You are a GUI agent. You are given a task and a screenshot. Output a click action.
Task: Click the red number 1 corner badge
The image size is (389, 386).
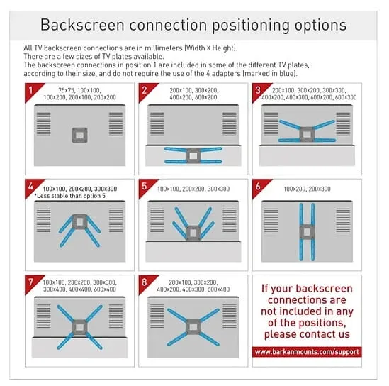coord(31,90)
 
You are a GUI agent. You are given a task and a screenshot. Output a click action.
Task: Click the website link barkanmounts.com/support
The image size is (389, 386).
coord(307,352)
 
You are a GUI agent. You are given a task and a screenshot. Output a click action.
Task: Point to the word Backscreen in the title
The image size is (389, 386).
coord(82,25)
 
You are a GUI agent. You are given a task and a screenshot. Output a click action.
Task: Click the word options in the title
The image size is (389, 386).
coord(320,26)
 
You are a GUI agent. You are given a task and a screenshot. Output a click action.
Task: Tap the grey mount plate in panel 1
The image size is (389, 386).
coord(79,135)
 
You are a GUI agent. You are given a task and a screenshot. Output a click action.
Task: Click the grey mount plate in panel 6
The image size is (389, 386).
coord(307,232)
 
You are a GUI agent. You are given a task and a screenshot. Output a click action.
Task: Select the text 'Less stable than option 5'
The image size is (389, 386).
coord(70,196)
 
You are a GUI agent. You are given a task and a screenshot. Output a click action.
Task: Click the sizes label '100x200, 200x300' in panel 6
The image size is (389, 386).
coord(307,189)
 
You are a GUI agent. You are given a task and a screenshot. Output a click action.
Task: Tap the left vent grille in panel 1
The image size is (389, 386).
coord(44,124)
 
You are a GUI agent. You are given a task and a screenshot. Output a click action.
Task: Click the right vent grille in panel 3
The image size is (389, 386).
coord(343,124)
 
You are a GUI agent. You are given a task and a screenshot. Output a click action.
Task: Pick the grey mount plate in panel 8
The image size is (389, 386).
coord(193,327)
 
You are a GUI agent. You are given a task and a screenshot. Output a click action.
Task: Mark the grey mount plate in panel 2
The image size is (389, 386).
coord(193,156)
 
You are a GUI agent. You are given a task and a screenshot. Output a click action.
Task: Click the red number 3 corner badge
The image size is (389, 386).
coord(259,90)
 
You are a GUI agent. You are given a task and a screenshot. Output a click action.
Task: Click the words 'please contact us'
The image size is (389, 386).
coord(307,334)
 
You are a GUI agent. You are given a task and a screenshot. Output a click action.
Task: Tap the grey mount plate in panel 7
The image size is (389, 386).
coord(79,327)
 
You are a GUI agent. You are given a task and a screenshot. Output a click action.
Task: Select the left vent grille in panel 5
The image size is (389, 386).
coord(157,221)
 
